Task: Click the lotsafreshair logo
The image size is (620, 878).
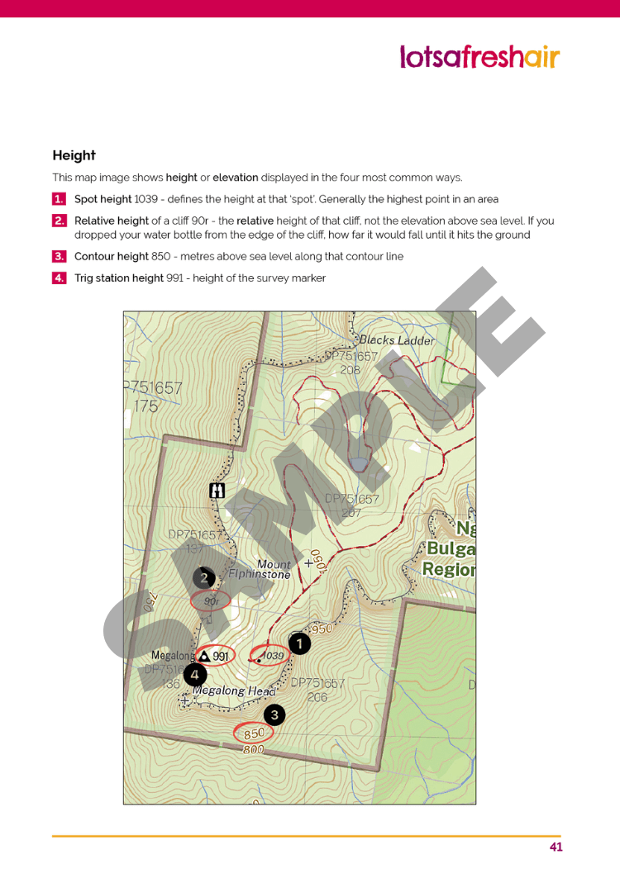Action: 479,57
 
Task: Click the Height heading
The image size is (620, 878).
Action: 74,155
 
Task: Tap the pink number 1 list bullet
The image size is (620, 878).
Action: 59,199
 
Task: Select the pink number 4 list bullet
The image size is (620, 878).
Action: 59,278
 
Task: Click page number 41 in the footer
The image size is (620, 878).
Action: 556,847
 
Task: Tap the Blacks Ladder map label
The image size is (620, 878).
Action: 397,340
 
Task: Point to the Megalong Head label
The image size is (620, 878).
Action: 234,691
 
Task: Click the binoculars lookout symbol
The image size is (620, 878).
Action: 217,491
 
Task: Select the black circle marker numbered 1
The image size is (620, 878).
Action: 298,643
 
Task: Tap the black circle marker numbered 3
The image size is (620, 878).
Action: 274,714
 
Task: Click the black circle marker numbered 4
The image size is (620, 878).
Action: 194,675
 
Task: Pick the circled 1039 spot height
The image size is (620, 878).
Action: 270,656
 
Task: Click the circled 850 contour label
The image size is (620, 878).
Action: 254,733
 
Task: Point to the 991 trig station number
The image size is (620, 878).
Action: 221,656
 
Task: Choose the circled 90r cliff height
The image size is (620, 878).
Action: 211,601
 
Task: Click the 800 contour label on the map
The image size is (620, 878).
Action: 254,749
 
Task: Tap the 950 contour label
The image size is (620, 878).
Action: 321,629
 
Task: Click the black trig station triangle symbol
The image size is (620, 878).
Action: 203,656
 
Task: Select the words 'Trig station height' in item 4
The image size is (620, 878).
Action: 119,278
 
